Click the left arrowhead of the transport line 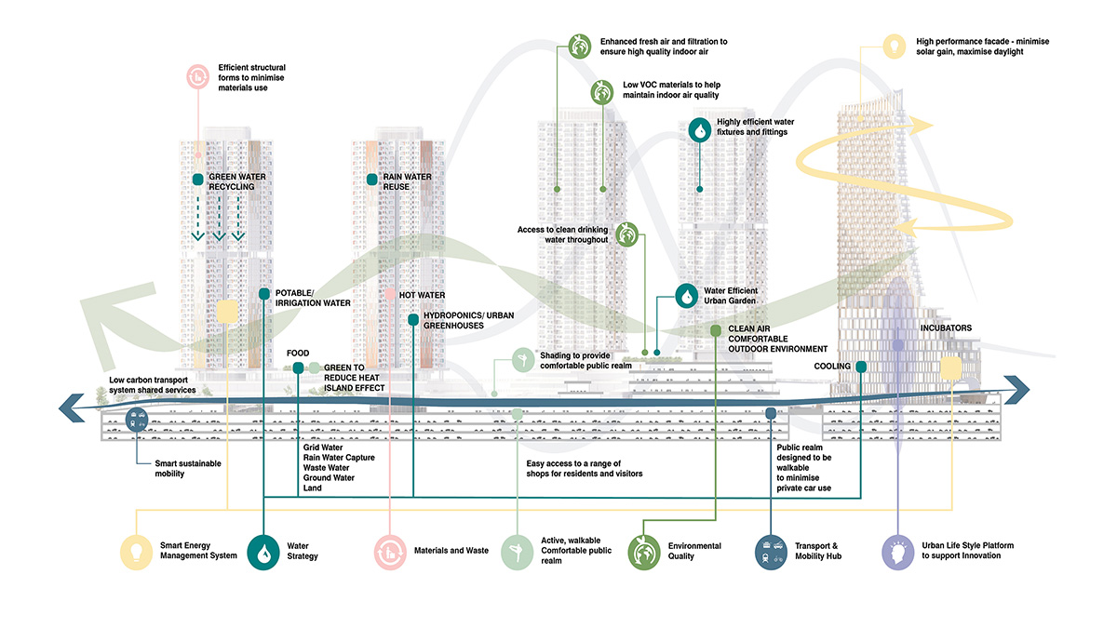point(68,407)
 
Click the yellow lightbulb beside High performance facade point(894,45)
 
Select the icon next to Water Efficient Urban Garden point(686,296)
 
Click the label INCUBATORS point(946,328)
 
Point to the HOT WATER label point(422,295)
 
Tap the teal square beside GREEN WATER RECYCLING point(197,179)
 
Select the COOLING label point(831,367)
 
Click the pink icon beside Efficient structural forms point(198,74)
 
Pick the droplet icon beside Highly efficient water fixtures point(699,128)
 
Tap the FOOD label point(298,354)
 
